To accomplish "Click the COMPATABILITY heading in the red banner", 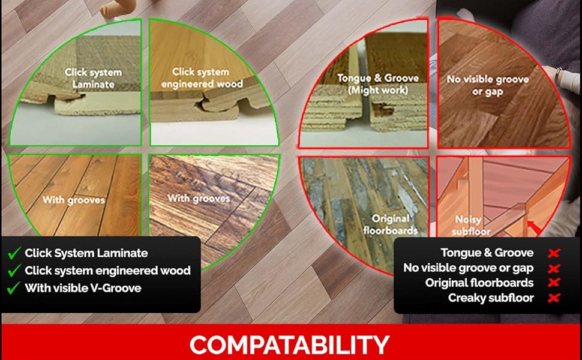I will point(289,344).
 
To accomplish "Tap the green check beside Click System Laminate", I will point(14,254).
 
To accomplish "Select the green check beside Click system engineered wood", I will point(14,271).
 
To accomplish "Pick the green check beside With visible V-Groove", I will point(14,289).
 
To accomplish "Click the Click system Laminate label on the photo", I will point(93,78).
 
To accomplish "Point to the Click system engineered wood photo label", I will point(201,78).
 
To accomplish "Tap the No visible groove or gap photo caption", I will point(487,85).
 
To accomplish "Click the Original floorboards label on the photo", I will point(390,224).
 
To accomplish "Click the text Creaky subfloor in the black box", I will point(491,298).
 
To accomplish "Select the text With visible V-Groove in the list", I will point(83,289).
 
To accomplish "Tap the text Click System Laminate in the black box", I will point(86,254).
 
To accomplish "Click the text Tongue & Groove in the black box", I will point(487,254).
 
